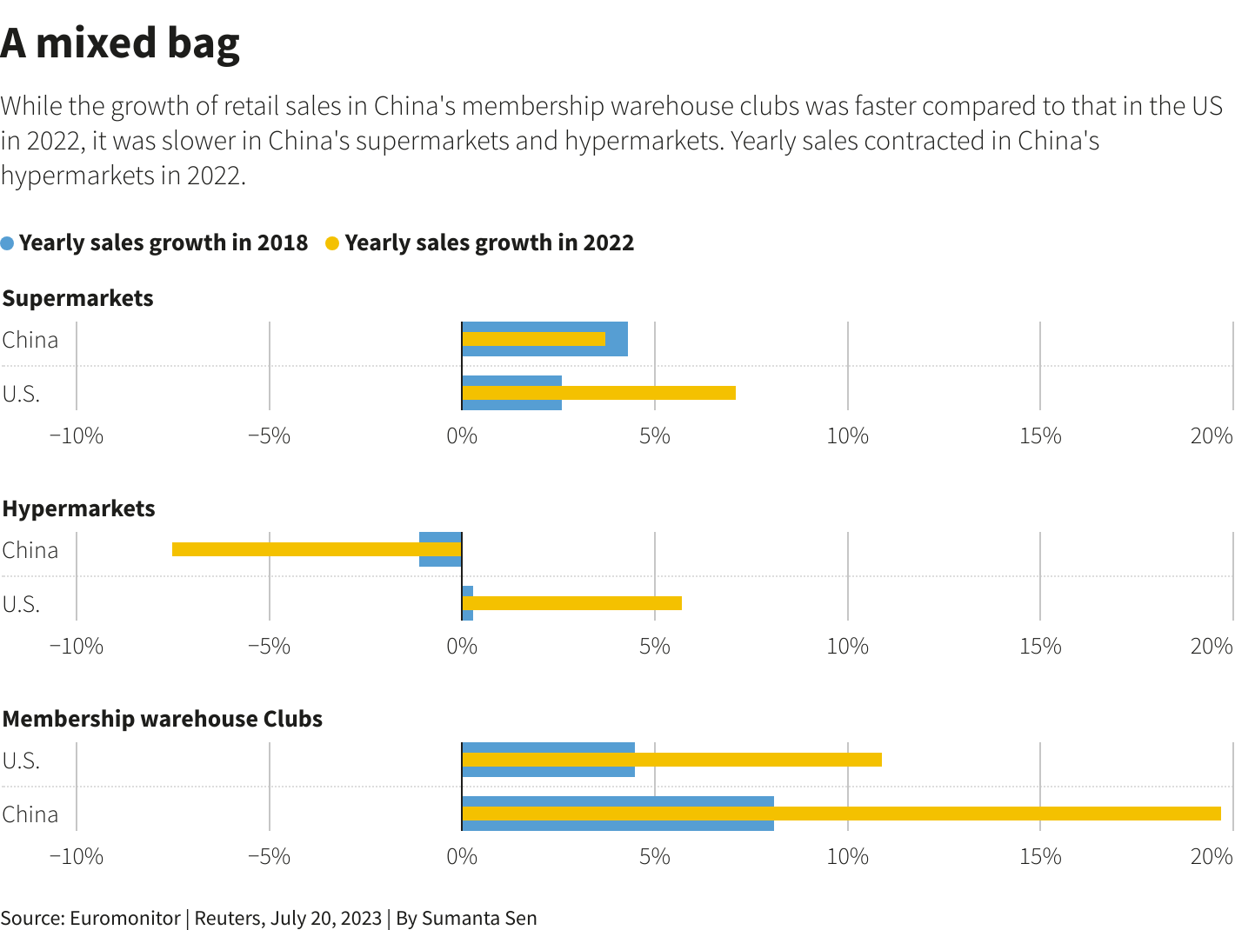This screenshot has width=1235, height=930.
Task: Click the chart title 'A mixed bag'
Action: click(x=120, y=43)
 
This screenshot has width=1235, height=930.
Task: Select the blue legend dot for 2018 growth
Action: click(x=8, y=243)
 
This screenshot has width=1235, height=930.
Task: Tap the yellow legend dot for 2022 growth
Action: click(x=332, y=243)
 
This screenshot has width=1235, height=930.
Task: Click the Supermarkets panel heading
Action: click(x=77, y=298)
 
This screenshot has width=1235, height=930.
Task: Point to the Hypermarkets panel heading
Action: click(x=78, y=508)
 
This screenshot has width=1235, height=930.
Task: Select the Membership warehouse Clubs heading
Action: click(x=163, y=719)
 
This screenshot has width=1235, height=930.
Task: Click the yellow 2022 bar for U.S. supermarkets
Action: click(x=598, y=393)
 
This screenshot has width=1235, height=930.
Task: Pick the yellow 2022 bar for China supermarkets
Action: click(x=533, y=339)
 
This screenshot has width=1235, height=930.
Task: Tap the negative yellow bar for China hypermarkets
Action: click(x=317, y=549)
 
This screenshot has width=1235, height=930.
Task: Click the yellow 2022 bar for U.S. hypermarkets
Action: click(x=571, y=603)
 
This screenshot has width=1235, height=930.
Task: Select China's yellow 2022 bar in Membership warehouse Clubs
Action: click(x=841, y=814)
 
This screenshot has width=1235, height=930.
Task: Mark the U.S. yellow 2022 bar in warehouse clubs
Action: click(x=671, y=760)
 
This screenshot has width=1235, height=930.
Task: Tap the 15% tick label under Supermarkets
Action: click(x=1040, y=435)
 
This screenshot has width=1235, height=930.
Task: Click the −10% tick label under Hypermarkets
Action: click(x=77, y=646)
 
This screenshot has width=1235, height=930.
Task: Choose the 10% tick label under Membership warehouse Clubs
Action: click(x=847, y=856)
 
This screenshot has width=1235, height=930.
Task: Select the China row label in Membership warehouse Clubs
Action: click(x=30, y=814)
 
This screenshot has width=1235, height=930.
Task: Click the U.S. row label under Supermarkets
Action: click(x=21, y=394)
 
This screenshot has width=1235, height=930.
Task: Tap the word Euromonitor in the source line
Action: click(x=124, y=918)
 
